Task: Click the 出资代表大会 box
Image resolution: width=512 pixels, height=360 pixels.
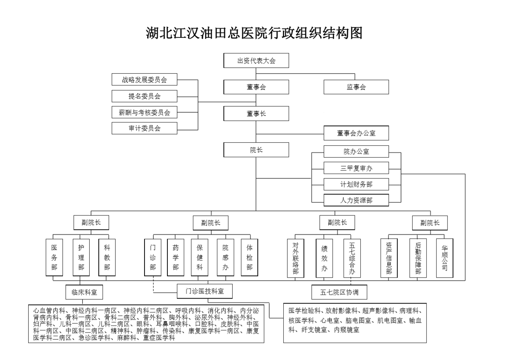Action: [x=256, y=61]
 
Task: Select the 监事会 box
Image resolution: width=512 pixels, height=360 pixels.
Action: [x=356, y=87]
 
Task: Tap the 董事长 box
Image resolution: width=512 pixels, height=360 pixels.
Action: [x=256, y=113]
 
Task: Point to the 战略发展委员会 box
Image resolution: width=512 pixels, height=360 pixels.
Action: [x=144, y=79]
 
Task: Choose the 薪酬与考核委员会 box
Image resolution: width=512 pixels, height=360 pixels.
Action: [x=144, y=112]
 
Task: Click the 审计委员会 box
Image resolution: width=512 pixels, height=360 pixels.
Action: [x=144, y=128]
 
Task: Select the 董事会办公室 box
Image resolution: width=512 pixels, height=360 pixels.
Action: [x=356, y=133]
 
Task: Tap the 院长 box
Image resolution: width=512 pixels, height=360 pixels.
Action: [x=256, y=150]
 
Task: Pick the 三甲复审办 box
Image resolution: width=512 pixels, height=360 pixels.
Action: [x=356, y=168]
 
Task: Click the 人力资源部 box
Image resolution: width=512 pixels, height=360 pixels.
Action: [x=356, y=200]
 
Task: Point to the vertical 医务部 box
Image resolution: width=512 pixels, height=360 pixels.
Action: [x=54, y=257]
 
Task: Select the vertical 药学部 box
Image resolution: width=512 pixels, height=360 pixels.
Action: [x=175, y=257]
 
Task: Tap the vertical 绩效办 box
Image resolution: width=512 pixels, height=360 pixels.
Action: [x=324, y=258]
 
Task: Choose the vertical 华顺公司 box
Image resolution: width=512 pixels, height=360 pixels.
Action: [x=445, y=258]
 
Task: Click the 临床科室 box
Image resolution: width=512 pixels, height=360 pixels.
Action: [x=84, y=292]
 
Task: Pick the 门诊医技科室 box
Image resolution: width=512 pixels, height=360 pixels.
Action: [x=205, y=291]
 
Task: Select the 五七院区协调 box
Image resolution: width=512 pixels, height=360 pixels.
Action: [x=339, y=292]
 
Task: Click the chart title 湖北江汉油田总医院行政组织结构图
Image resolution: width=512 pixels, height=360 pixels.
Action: [x=254, y=33]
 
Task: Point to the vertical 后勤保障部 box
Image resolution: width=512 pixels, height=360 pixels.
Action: [x=418, y=258]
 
